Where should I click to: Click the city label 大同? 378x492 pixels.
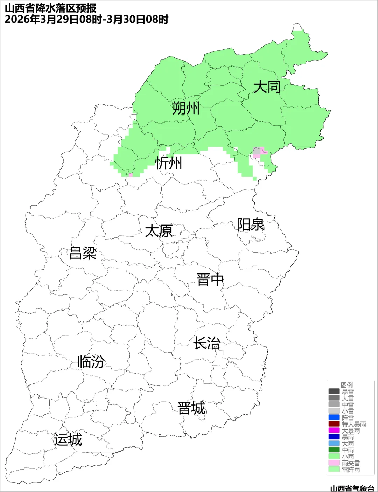point(267,87)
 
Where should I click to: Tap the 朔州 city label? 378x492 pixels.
point(186,108)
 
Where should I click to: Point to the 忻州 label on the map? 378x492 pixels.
point(169,163)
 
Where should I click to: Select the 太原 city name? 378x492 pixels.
point(159,231)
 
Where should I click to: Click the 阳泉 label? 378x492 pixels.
point(251,224)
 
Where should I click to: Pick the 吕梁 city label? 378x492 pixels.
point(83,253)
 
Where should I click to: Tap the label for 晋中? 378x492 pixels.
point(210,280)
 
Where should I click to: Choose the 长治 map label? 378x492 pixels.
point(207,343)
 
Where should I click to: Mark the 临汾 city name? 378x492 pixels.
point(91,362)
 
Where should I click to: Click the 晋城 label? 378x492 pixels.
point(191,408)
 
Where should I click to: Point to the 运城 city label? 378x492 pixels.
point(68,439)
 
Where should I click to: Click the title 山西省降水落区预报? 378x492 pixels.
point(50,8)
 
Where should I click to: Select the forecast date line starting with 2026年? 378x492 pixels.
point(86,19)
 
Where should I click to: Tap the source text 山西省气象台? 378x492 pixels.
point(352,488)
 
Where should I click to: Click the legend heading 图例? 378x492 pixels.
point(347,385)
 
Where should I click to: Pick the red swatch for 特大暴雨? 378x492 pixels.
point(334,424)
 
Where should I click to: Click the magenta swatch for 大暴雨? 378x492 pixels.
point(334,430)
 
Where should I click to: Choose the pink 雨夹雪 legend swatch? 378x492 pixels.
point(334,463)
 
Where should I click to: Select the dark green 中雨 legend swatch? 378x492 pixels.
point(334,450)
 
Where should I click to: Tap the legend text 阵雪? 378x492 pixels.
point(348,417)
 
